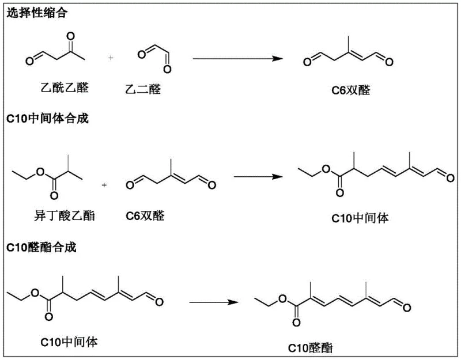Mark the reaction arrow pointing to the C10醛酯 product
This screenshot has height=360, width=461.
(214, 302)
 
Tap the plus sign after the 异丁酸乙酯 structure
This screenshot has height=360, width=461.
(104, 185)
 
